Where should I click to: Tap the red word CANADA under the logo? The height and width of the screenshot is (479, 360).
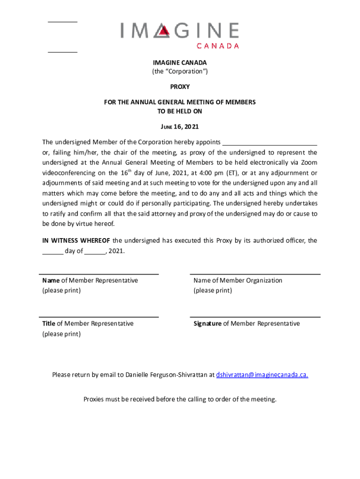coord(217,46)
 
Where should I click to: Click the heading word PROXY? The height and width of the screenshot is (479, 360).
coord(180,87)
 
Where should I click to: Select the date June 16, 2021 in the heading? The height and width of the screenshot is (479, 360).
coord(180,127)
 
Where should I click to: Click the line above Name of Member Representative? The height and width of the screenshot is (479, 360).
coord(99,274)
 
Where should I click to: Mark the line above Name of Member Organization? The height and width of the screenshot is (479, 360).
coord(255,274)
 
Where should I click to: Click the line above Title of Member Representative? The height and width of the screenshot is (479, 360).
coord(99,317)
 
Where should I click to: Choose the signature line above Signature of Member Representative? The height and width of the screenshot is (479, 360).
coord(255,317)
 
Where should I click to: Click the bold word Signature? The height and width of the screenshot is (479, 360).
coord(208,324)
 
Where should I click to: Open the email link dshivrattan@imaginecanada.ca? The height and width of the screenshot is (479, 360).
coord(262,375)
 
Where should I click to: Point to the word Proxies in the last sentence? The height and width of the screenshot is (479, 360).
coord(94,399)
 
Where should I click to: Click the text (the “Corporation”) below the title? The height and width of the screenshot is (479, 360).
coord(180,72)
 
